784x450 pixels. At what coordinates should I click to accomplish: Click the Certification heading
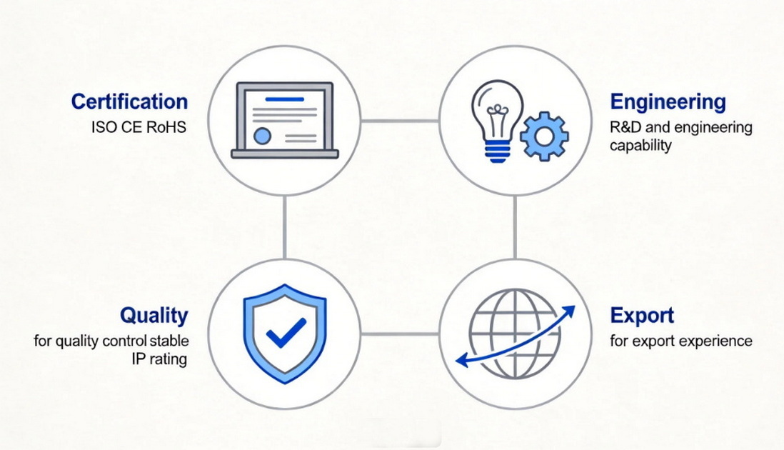click(129, 101)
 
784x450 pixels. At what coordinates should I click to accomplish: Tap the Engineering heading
click(668, 101)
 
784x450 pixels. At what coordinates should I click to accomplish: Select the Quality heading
click(154, 316)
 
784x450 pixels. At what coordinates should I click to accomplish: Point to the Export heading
click(642, 316)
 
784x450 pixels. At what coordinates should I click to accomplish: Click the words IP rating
click(159, 359)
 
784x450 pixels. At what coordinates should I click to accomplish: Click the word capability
click(640, 146)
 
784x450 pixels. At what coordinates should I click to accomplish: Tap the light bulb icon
click(498, 121)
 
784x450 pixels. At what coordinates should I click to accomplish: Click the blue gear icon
click(544, 136)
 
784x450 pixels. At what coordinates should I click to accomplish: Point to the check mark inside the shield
click(286, 332)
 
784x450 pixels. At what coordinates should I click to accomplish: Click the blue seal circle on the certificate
click(262, 136)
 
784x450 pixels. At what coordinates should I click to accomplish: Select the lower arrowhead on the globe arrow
click(463, 359)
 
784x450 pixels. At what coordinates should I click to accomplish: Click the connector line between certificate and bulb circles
click(400, 121)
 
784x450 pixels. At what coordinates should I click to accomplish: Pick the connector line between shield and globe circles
click(400, 334)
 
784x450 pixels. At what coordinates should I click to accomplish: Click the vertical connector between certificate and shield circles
click(284, 227)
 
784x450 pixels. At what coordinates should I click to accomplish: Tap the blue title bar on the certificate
click(284, 99)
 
